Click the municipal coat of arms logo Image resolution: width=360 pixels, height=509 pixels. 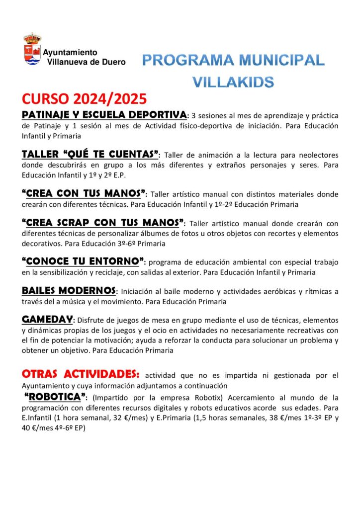(x=33, y=49)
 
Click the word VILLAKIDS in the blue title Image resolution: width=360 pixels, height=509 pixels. (x=233, y=81)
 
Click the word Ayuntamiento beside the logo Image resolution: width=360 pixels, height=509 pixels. (x=70, y=52)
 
